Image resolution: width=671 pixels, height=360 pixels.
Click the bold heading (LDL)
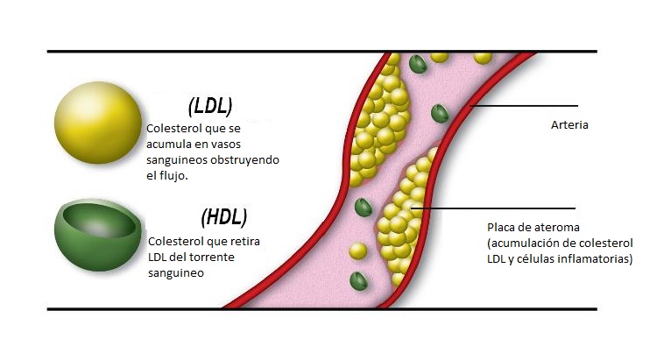[x=210, y=106]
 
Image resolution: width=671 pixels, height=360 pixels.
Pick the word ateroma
[x=553, y=228]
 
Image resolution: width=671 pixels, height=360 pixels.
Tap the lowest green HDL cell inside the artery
[x=358, y=280]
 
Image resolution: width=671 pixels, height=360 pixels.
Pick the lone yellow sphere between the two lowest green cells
[x=357, y=251]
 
